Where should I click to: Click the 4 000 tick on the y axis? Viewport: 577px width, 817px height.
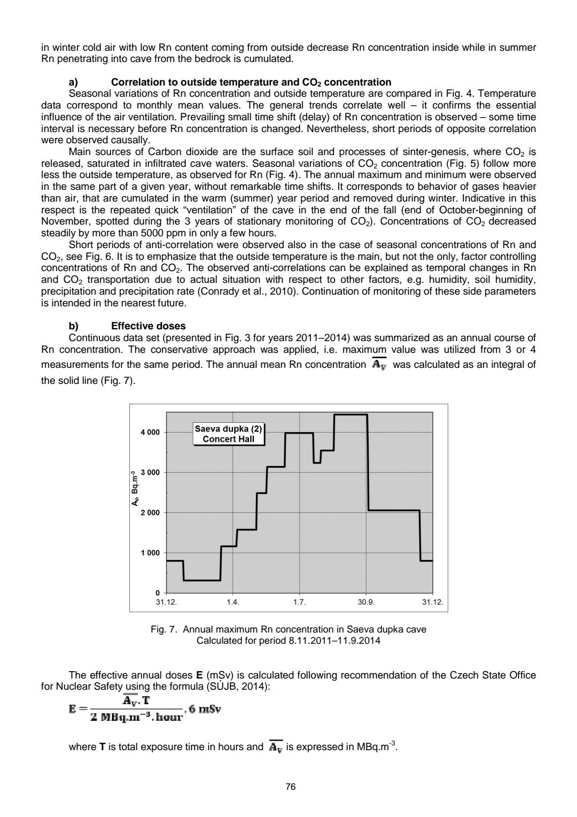[150, 432]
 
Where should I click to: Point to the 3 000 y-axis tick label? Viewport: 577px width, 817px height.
[150, 472]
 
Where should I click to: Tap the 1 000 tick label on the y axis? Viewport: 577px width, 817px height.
[150, 553]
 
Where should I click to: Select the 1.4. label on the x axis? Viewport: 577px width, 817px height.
[232, 602]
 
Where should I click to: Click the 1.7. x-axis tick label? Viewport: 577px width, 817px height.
[299, 602]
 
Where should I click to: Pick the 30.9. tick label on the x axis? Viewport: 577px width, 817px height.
[366, 602]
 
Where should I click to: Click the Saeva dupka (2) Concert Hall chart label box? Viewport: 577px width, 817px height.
[229, 434]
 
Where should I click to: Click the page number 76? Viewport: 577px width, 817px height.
[291, 787]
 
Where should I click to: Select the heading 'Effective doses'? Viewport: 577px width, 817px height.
[148, 326]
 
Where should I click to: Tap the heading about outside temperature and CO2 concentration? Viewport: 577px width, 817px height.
[251, 82]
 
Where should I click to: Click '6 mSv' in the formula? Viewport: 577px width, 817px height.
[205, 709]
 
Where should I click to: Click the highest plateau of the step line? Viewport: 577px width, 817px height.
[350, 414]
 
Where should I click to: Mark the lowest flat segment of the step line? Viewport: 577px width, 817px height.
[202, 580]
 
